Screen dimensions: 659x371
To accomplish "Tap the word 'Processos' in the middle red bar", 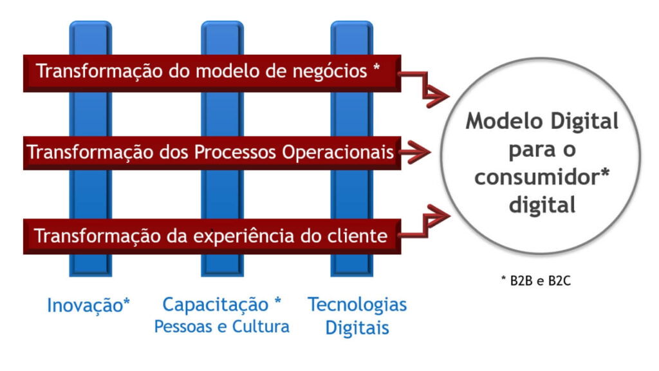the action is click(236, 152).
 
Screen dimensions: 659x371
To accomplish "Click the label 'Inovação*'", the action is click(88, 305).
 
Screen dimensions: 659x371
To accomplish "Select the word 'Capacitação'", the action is click(215, 305).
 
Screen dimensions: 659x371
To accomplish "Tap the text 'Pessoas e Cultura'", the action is click(222, 327).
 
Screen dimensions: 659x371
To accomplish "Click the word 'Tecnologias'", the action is click(357, 305).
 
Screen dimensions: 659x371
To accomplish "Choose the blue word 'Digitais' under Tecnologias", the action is click(357, 328).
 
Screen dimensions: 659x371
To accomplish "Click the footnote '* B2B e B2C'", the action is click(536, 281).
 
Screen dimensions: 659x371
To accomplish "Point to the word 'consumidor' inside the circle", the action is click(537, 177).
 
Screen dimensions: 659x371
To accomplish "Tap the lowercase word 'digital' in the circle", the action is click(542, 205).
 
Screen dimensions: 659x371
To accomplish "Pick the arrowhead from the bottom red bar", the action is click(437, 215).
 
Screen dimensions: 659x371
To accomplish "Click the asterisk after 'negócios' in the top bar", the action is click(376, 67).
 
